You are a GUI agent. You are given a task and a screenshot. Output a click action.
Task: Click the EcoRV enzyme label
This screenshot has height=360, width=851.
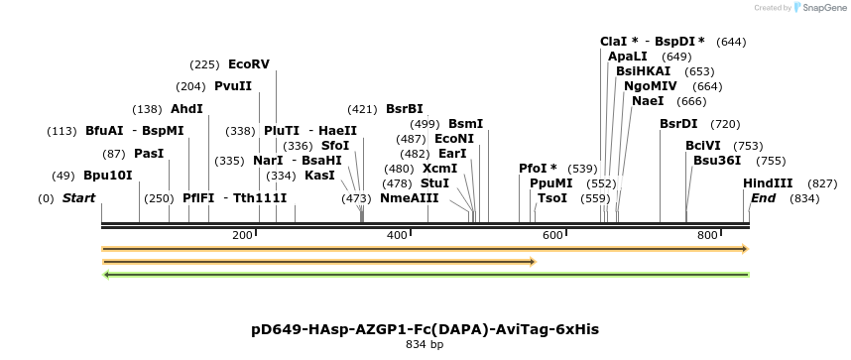pyautogui.click(x=249, y=64)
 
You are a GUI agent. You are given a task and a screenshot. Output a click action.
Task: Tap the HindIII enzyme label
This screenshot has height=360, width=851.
pyautogui.click(x=768, y=183)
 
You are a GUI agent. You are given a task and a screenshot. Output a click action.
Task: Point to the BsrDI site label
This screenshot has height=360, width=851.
pyautogui.click(x=678, y=124)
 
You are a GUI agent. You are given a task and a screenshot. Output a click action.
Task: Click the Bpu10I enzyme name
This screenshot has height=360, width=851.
pyautogui.click(x=107, y=176)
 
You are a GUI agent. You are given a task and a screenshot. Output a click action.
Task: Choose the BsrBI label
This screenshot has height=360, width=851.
pyautogui.click(x=404, y=109)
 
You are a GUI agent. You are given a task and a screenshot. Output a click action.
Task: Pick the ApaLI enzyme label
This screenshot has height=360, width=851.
pyautogui.click(x=628, y=57)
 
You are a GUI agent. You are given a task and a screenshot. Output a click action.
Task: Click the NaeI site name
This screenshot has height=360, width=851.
pyautogui.click(x=647, y=101)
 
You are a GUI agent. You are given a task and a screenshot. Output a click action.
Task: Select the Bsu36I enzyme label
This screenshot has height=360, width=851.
pyautogui.click(x=717, y=160)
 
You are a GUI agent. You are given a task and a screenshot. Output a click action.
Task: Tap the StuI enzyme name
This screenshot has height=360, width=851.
pyautogui.click(x=434, y=183)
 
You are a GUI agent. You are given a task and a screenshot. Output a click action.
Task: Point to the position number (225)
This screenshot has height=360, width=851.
pyautogui.click(x=204, y=64)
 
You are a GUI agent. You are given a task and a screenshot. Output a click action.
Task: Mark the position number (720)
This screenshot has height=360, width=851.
pyautogui.click(x=725, y=124)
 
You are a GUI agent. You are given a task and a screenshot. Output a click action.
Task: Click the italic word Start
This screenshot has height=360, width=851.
pyautogui.click(x=78, y=198)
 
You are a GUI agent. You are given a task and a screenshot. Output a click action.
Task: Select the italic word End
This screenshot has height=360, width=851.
pyautogui.click(x=763, y=198)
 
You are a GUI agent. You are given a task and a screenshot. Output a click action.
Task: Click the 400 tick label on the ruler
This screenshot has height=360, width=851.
pyautogui.click(x=398, y=235)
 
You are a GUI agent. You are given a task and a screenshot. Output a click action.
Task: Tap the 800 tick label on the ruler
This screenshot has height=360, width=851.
pyautogui.click(x=708, y=235)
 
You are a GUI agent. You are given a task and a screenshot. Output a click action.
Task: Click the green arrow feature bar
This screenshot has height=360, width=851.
pyautogui.click(x=425, y=275)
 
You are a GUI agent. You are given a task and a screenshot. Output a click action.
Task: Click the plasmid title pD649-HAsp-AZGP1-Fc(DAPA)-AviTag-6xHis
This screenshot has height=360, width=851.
pyautogui.click(x=425, y=328)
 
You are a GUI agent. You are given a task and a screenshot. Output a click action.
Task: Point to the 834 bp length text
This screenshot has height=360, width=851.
pyautogui.click(x=425, y=345)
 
